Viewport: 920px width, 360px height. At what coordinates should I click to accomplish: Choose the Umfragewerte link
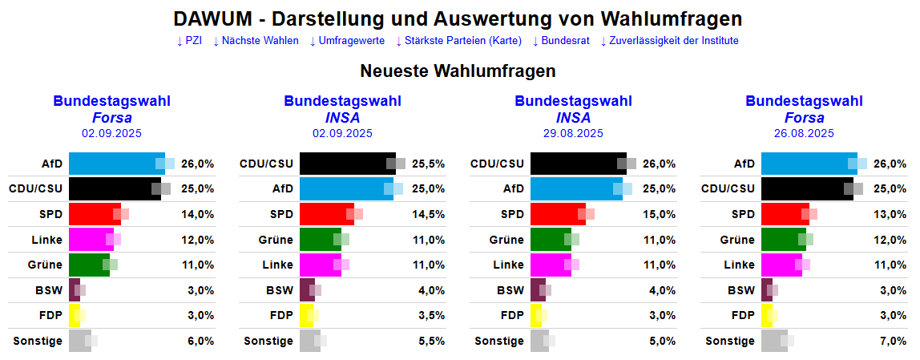click(346, 41)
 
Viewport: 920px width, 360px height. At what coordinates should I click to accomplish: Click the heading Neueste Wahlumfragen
click(458, 71)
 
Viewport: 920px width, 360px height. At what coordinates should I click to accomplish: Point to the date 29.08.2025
click(573, 134)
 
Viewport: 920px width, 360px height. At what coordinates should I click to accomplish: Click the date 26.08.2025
click(804, 134)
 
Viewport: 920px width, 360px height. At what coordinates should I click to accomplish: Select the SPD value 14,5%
click(429, 215)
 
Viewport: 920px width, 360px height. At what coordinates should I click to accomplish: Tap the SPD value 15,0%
click(660, 215)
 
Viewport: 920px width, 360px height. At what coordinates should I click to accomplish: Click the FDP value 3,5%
click(430, 315)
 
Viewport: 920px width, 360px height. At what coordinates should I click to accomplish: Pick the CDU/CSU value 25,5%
click(429, 164)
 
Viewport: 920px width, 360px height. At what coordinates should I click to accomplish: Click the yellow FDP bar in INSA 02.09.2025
click(306, 315)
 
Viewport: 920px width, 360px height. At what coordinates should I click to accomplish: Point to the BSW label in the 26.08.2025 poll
click(741, 290)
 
